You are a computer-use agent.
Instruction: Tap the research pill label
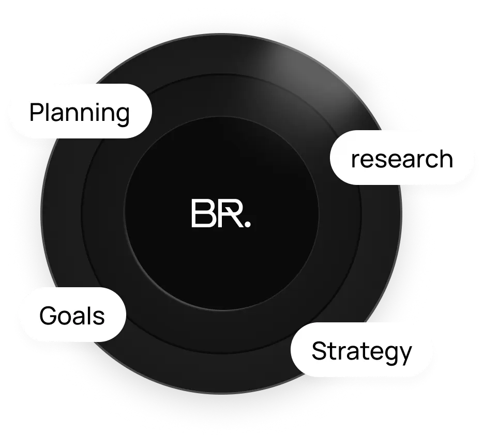click(402, 159)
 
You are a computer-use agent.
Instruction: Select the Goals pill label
click(72, 315)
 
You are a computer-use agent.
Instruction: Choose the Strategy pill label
click(361, 352)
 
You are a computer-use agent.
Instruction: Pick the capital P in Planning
click(36, 112)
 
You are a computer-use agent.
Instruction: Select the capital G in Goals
click(48, 315)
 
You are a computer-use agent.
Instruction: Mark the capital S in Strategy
click(320, 352)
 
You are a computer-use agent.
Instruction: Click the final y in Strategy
click(405, 354)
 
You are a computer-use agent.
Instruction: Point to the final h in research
click(445, 159)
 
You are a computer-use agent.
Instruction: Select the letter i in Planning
click(88, 112)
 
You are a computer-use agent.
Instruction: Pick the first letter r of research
click(355, 160)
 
